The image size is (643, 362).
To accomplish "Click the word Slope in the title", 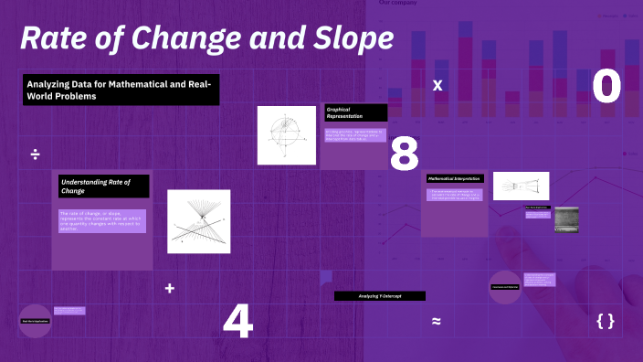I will click(x=349, y=38).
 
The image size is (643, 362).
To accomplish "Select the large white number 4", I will click(x=237, y=321).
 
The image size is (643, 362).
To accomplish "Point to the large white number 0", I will click(x=606, y=86).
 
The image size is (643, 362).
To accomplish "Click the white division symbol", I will click(x=35, y=154).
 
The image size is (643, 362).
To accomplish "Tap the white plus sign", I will click(x=169, y=288).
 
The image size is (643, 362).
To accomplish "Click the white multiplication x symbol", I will click(x=437, y=85).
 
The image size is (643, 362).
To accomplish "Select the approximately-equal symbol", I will click(x=437, y=321).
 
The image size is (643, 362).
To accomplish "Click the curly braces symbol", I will click(x=605, y=321).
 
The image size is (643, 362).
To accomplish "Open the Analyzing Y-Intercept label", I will click(x=380, y=296).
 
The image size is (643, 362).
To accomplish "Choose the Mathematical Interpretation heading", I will click(x=455, y=178).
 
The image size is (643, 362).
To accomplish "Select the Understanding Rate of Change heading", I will click(x=100, y=186).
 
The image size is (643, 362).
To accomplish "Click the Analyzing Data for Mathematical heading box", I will click(x=121, y=90).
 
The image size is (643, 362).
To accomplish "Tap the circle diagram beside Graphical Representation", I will click(x=285, y=135).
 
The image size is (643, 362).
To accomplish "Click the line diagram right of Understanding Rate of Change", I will click(x=198, y=221).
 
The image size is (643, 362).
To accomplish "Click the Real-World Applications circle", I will click(x=36, y=321).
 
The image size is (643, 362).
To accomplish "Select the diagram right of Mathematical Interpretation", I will click(x=521, y=186).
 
